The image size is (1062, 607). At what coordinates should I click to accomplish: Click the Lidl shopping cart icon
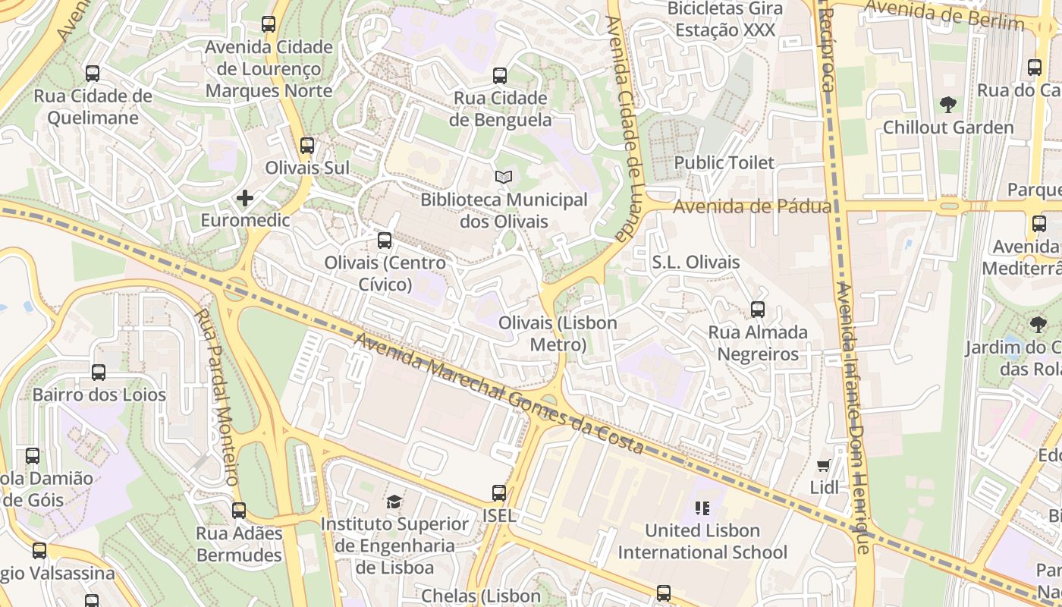824,465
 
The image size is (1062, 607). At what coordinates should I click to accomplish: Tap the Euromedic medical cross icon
244,199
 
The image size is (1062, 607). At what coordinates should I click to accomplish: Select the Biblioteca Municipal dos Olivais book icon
504,178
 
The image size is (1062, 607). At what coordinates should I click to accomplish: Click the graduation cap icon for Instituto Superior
394,502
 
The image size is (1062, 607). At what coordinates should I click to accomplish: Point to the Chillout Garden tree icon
947,105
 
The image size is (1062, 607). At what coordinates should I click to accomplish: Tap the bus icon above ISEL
498,493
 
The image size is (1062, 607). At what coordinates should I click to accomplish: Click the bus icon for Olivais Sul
306,146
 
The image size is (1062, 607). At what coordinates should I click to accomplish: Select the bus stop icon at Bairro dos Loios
99,373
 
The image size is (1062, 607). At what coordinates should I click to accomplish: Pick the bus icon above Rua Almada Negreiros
757,310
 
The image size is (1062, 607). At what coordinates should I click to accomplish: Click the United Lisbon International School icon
702,508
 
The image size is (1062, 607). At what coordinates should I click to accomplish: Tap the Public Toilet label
724,162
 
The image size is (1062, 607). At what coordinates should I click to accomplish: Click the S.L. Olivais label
696,263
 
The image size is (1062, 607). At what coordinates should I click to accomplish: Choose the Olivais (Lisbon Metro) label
558,334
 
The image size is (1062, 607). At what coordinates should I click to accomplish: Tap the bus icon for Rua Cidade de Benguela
499,76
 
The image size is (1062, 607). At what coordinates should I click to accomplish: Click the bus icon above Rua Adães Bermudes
239,511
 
